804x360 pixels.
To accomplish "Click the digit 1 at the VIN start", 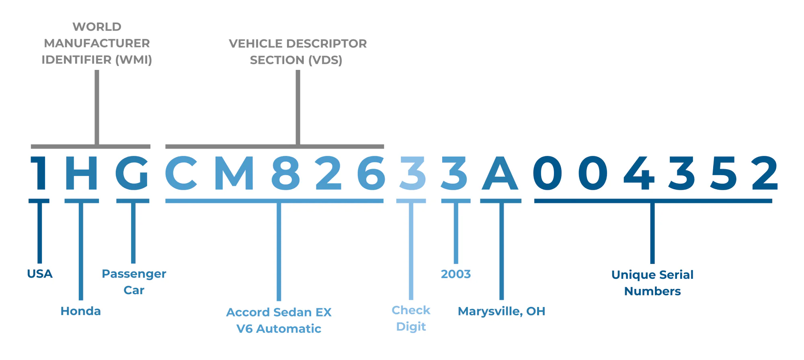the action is click(39, 173).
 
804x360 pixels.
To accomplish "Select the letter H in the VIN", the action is click(81, 173).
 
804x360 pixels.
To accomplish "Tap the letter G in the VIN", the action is click(132, 173).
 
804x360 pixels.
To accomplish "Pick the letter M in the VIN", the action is click(235, 173).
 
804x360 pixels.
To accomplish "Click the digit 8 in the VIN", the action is click(286, 173).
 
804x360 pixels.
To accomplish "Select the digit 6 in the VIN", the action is click(371, 173).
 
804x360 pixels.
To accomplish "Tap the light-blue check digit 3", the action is click(412, 173).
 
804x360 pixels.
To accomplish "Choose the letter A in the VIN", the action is click(500, 173).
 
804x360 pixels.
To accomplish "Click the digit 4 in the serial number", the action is click(639, 173).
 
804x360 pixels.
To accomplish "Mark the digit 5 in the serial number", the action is click(724, 173).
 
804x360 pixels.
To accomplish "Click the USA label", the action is click(40, 274).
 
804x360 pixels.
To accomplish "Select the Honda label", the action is click(81, 311).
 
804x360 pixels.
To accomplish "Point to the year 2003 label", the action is click(456, 274).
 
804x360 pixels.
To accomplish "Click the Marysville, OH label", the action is click(502, 311).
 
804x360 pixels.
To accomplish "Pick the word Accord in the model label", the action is click(248, 312).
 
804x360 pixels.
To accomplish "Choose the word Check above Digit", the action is click(411, 310).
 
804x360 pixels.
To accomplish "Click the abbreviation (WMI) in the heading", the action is click(134, 60).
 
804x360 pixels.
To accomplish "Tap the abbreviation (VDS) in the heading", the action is click(325, 60).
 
